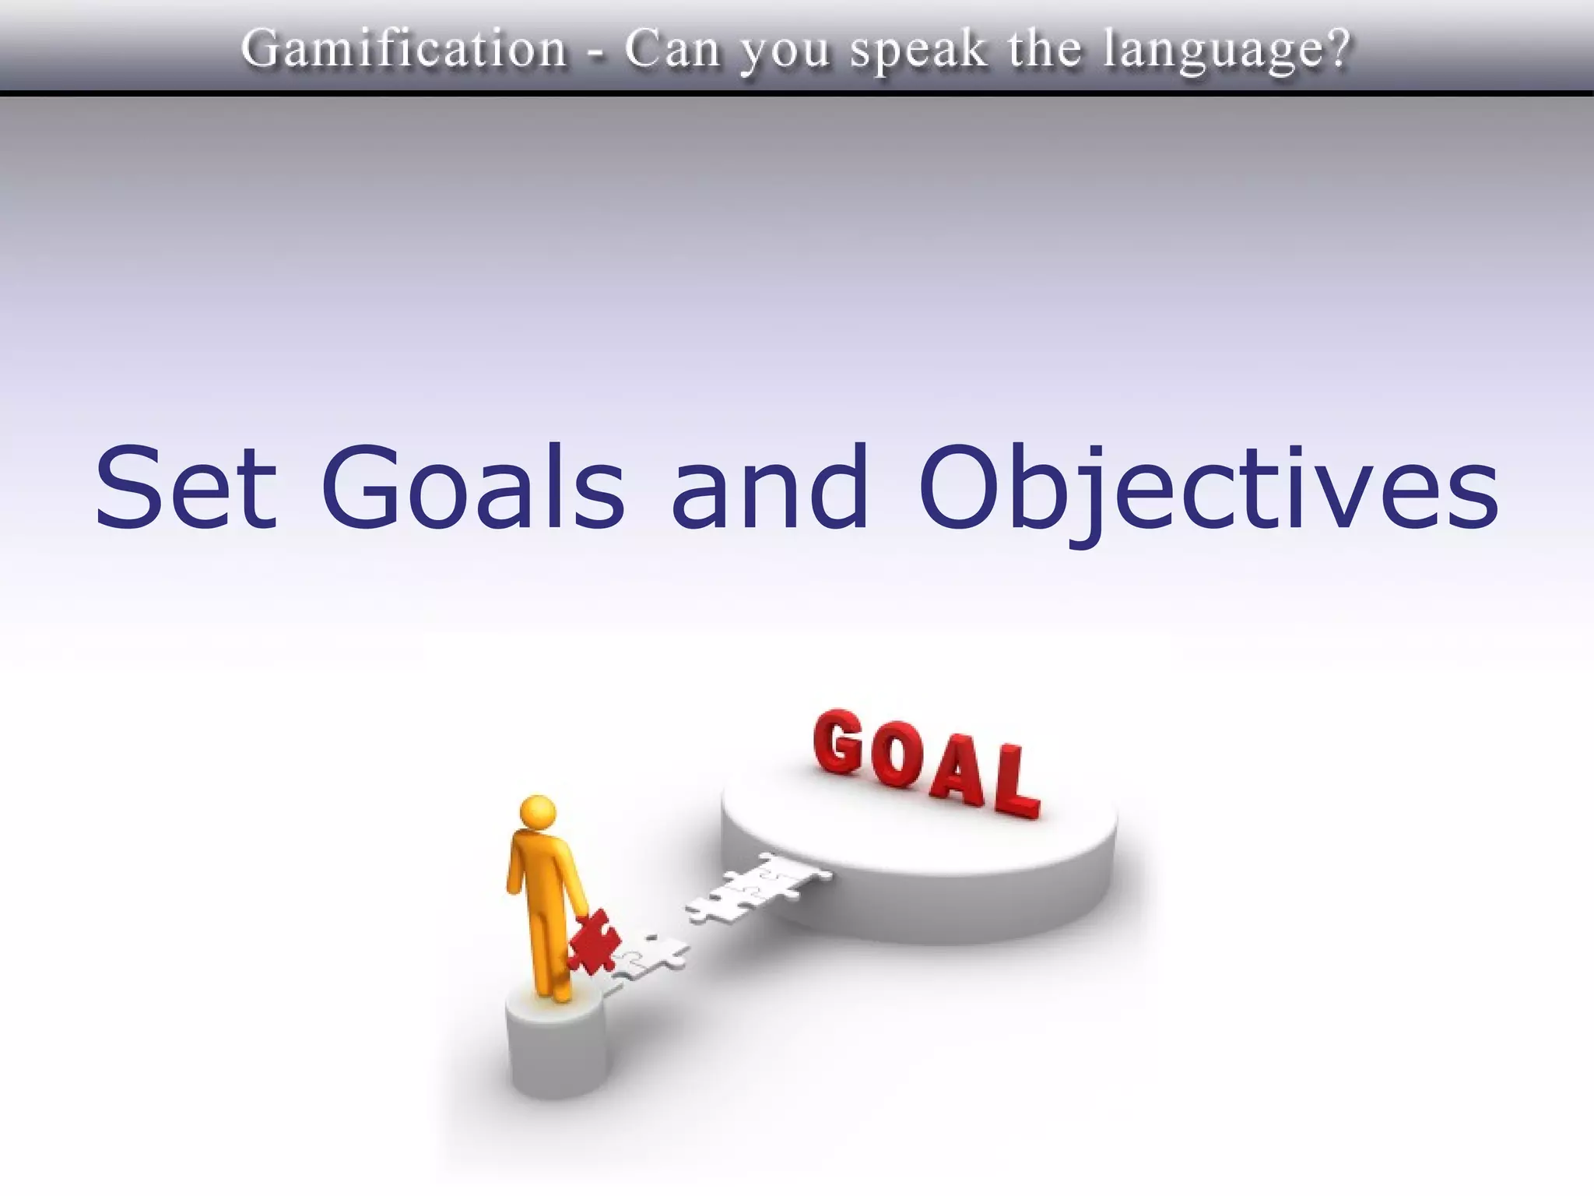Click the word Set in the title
click(185, 487)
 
